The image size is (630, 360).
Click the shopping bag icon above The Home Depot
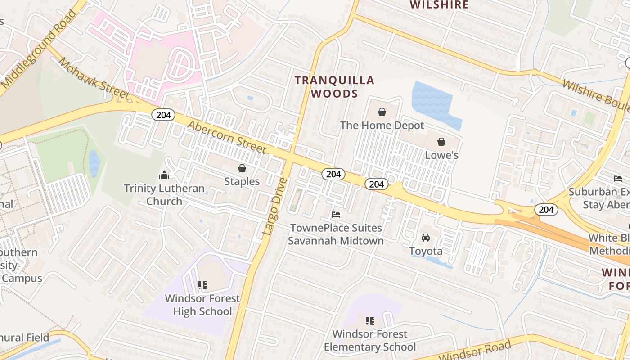click(382, 112)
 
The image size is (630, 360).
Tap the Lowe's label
click(441, 155)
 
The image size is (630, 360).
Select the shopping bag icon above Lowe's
click(441, 142)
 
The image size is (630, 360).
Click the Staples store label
click(242, 181)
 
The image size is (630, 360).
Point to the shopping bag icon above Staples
click(242, 168)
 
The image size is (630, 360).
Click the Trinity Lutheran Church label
click(164, 194)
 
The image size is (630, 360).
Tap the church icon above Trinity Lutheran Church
click(164, 175)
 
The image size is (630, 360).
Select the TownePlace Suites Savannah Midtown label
click(336, 234)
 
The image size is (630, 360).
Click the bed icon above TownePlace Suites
click(336, 215)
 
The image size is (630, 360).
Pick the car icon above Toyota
click(426, 237)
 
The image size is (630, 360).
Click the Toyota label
click(426, 251)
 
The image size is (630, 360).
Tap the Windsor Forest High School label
click(202, 305)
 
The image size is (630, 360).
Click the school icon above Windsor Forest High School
click(202, 285)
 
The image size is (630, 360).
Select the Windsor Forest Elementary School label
click(370, 340)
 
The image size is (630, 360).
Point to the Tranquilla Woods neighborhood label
click(335, 87)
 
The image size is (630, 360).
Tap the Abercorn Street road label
click(227, 136)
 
